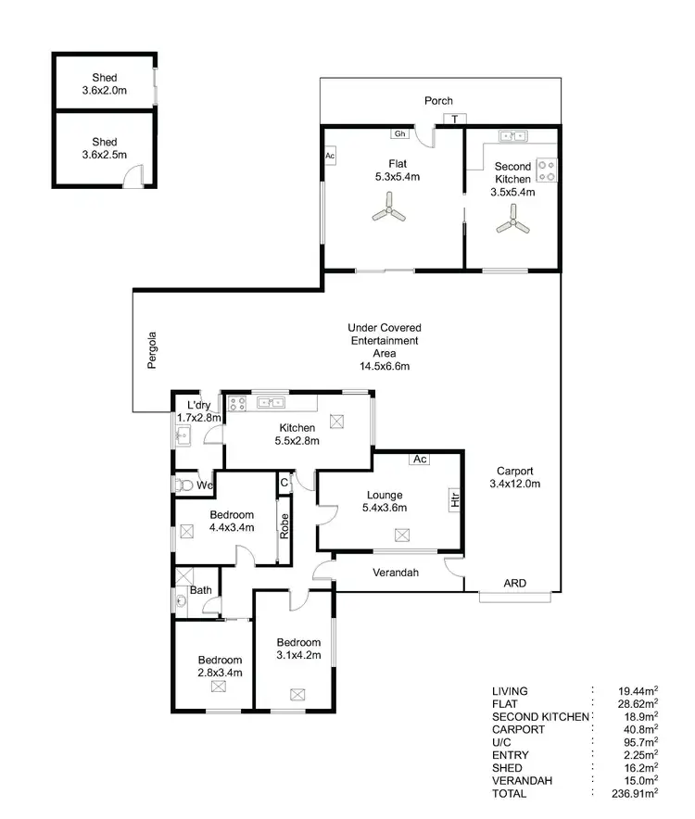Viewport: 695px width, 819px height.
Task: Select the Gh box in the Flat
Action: click(x=400, y=133)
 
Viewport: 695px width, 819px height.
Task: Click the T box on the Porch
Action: click(x=455, y=119)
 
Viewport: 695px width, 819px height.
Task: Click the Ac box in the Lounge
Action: click(x=420, y=459)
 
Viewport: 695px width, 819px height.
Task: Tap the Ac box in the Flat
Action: click(x=330, y=156)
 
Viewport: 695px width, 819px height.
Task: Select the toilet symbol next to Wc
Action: click(x=183, y=485)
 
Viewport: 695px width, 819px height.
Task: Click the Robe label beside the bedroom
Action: click(x=284, y=526)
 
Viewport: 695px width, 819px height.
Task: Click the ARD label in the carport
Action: click(x=514, y=584)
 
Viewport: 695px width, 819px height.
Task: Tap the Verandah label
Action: click(x=396, y=573)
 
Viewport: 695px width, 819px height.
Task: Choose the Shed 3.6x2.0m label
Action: click(x=105, y=83)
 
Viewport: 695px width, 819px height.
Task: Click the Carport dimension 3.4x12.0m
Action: click(x=513, y=484)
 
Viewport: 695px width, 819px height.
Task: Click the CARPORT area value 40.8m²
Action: click(x=639, y=729)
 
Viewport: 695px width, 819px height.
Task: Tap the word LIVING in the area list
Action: click(x=512, y=691)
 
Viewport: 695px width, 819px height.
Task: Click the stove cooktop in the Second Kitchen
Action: click(x=546, y=170)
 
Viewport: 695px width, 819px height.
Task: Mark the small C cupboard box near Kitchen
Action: click(x=284, y=482)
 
